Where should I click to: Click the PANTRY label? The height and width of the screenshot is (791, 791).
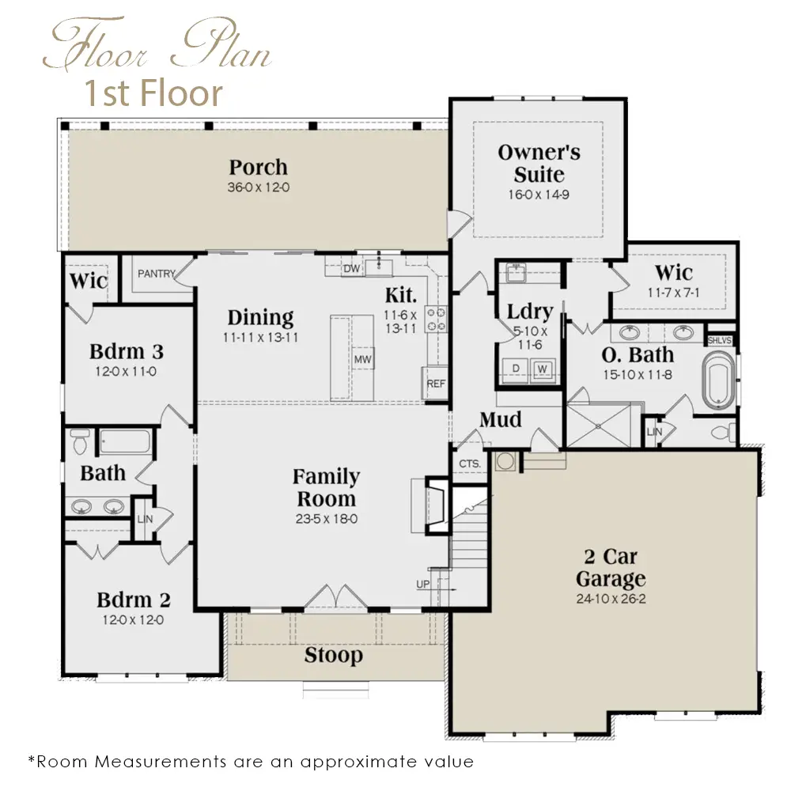click(157, 274)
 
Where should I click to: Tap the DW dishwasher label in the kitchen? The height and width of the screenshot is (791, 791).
click(352, 268)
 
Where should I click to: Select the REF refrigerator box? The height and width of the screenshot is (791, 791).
click(435, 384)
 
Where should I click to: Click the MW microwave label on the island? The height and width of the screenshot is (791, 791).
click(363, 360)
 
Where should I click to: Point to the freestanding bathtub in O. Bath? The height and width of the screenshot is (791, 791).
click(718, 380)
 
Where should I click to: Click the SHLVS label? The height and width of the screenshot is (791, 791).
click(719, 340)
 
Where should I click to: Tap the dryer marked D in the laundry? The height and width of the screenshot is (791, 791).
click(515, 369)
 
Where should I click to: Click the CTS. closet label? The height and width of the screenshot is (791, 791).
click(470, 464)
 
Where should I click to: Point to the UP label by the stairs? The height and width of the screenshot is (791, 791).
click(422, 584)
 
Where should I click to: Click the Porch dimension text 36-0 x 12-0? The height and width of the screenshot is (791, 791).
click(259, 187)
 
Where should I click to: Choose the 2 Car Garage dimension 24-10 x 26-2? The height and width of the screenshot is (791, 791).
click(611, 599)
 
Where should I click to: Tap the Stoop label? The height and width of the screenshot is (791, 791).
click(334, 655)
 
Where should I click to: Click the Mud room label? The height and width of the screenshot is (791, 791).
click(501, 420)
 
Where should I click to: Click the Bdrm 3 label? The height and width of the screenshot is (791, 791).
click(127, 352)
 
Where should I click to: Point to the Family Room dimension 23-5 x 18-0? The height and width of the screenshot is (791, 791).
click(327, 519)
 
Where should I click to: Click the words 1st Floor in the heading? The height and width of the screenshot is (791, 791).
click(153, 93)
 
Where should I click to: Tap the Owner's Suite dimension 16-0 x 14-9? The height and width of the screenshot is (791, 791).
click(539, 195)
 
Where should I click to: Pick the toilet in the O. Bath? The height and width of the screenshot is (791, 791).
click(723, 433)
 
